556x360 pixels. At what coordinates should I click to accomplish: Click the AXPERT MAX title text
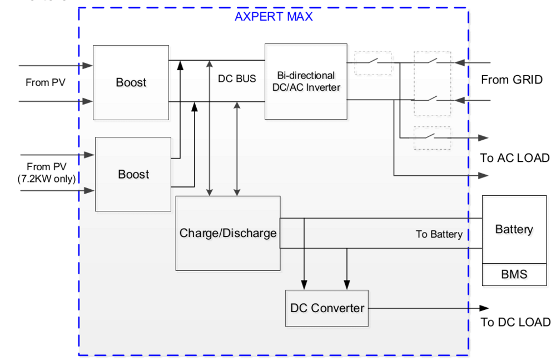click(274, 17)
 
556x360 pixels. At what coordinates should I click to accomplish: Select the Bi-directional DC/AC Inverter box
click(305, 81)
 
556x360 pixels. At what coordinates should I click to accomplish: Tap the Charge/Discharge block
click(228, 233)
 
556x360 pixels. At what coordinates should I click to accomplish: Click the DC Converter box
click(327, 308)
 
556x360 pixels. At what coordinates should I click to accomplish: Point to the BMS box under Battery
click(514, 274)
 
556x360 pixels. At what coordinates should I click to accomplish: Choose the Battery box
click(514, 229)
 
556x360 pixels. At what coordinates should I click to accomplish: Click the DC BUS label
click(237, 79)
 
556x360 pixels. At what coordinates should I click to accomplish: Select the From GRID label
click(512, 80)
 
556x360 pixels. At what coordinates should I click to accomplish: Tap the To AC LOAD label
click(515, 158)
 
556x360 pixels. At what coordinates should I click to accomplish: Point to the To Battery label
click(439, 234)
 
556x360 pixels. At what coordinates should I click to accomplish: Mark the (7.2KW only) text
click(46, 178)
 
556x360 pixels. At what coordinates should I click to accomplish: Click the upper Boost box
click(131, 82)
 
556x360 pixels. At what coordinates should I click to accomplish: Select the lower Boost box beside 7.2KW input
click(133, 175)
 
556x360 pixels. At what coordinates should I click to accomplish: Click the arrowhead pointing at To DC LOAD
click(484, 308)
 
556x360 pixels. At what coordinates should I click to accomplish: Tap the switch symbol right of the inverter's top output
click(373, 63)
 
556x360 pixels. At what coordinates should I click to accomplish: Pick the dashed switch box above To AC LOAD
click(433, 137)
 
